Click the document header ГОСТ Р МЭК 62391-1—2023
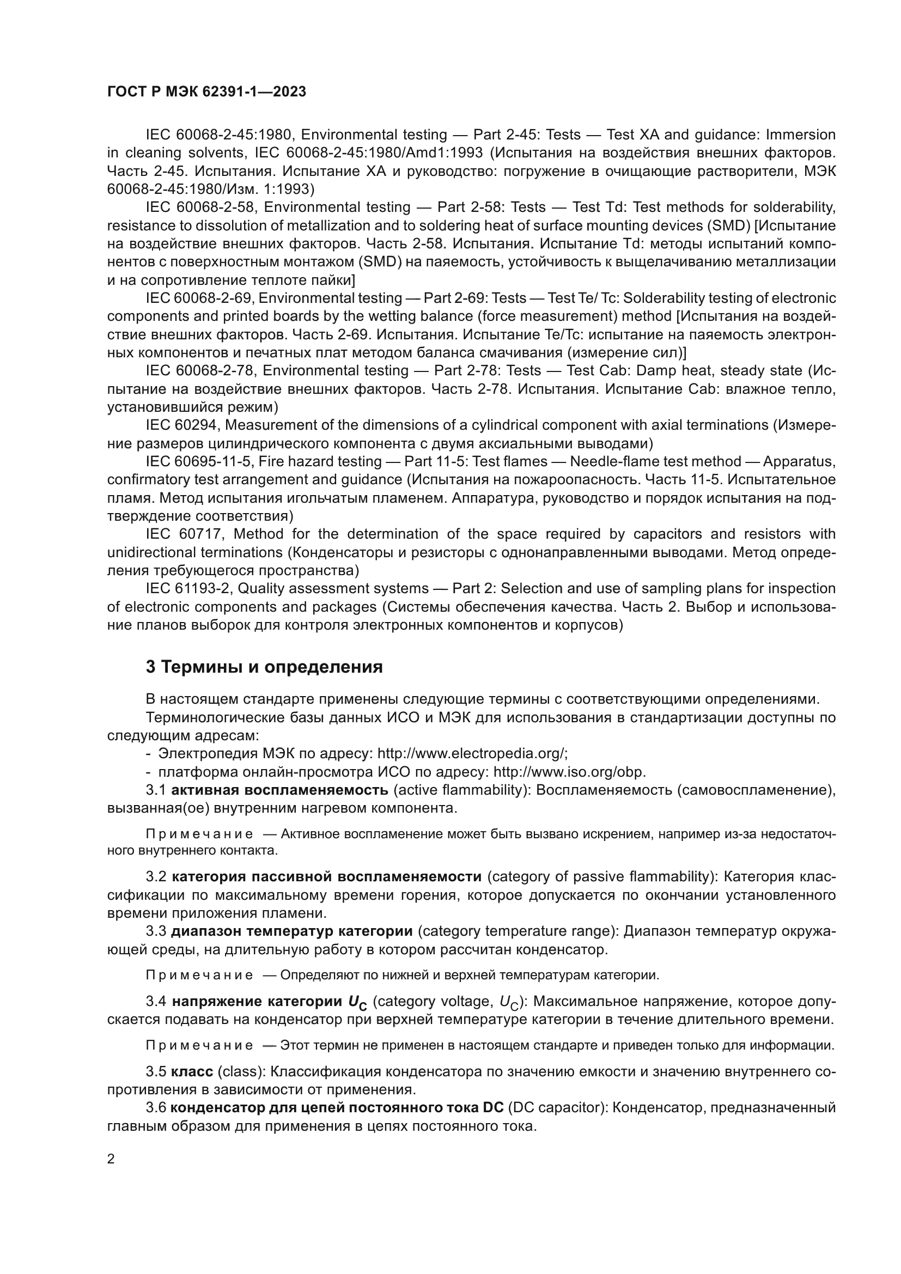coord(206,92)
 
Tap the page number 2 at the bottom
coord(111,1159)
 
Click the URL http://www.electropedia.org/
coord(471,753)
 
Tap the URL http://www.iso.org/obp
coord(569,772)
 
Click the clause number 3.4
coord(156,1002)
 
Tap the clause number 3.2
coord(156,876)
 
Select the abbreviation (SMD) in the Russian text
coord(378,261)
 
